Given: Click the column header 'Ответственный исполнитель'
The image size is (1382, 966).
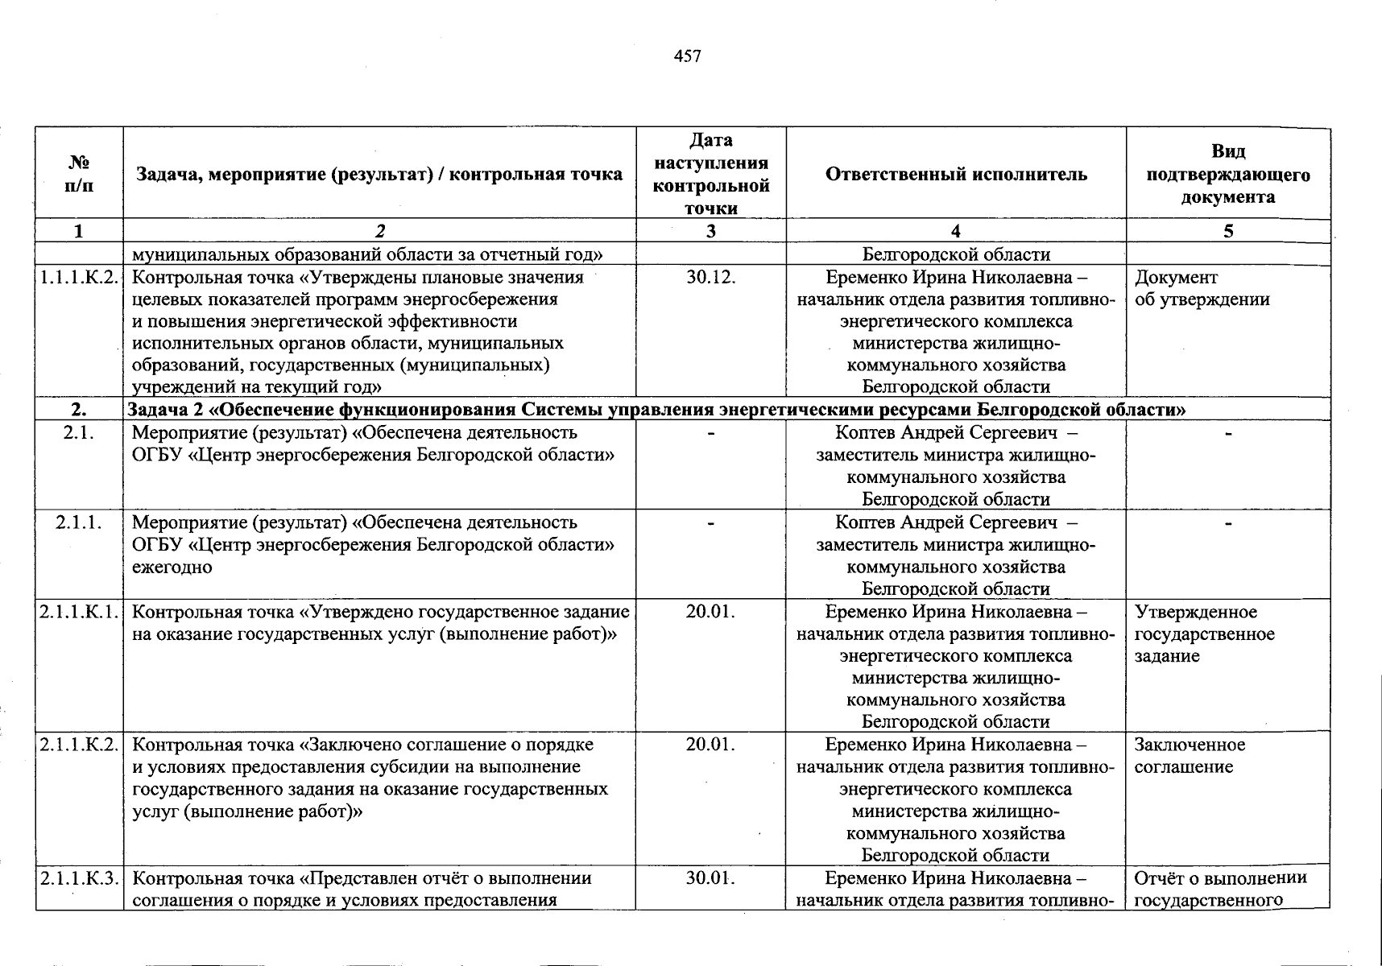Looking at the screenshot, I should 956,174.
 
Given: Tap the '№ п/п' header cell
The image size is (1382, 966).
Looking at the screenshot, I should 79,174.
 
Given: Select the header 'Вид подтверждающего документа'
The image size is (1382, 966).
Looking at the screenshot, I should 1228,174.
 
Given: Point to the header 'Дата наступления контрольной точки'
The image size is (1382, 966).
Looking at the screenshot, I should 711,174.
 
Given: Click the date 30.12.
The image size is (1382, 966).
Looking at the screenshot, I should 711,278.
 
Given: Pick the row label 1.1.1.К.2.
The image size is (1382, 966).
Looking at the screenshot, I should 79,278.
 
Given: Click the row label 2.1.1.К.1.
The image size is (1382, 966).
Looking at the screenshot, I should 79,612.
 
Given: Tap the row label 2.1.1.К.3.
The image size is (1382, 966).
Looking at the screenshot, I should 79,877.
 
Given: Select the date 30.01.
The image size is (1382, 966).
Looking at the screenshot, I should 711,877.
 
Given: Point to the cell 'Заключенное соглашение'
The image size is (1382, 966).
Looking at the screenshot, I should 1190,756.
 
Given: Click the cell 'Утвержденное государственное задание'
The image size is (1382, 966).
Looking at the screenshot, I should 1204,634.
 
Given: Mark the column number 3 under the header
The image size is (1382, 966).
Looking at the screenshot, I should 711,232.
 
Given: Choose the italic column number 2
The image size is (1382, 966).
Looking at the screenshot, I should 379,232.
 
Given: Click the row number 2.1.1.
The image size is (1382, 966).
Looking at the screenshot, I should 79,522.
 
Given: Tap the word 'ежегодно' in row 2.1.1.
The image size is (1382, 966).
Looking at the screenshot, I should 172,567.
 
